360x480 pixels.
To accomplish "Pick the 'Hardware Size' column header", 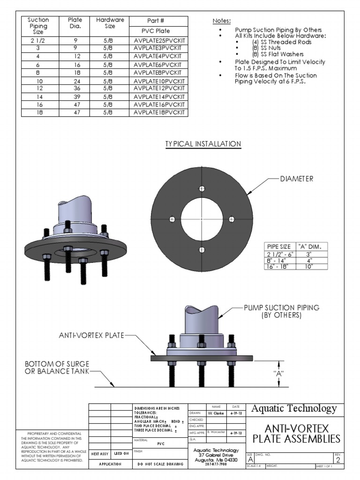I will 110,23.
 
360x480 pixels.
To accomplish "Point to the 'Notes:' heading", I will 222,22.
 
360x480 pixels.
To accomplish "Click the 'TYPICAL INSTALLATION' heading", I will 203,144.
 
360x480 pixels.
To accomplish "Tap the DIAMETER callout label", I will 297,178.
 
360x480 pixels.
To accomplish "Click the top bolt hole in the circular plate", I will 202,188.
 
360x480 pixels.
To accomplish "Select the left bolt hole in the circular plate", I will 172,219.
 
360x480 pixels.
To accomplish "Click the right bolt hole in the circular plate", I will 231,219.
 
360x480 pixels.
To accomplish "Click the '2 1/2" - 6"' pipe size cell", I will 280,254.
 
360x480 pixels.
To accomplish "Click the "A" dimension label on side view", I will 279,374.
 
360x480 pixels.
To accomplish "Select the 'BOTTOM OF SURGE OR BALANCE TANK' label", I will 57,368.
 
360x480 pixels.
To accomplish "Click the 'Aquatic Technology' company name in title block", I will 294,408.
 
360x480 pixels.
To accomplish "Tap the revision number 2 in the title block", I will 337,460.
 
